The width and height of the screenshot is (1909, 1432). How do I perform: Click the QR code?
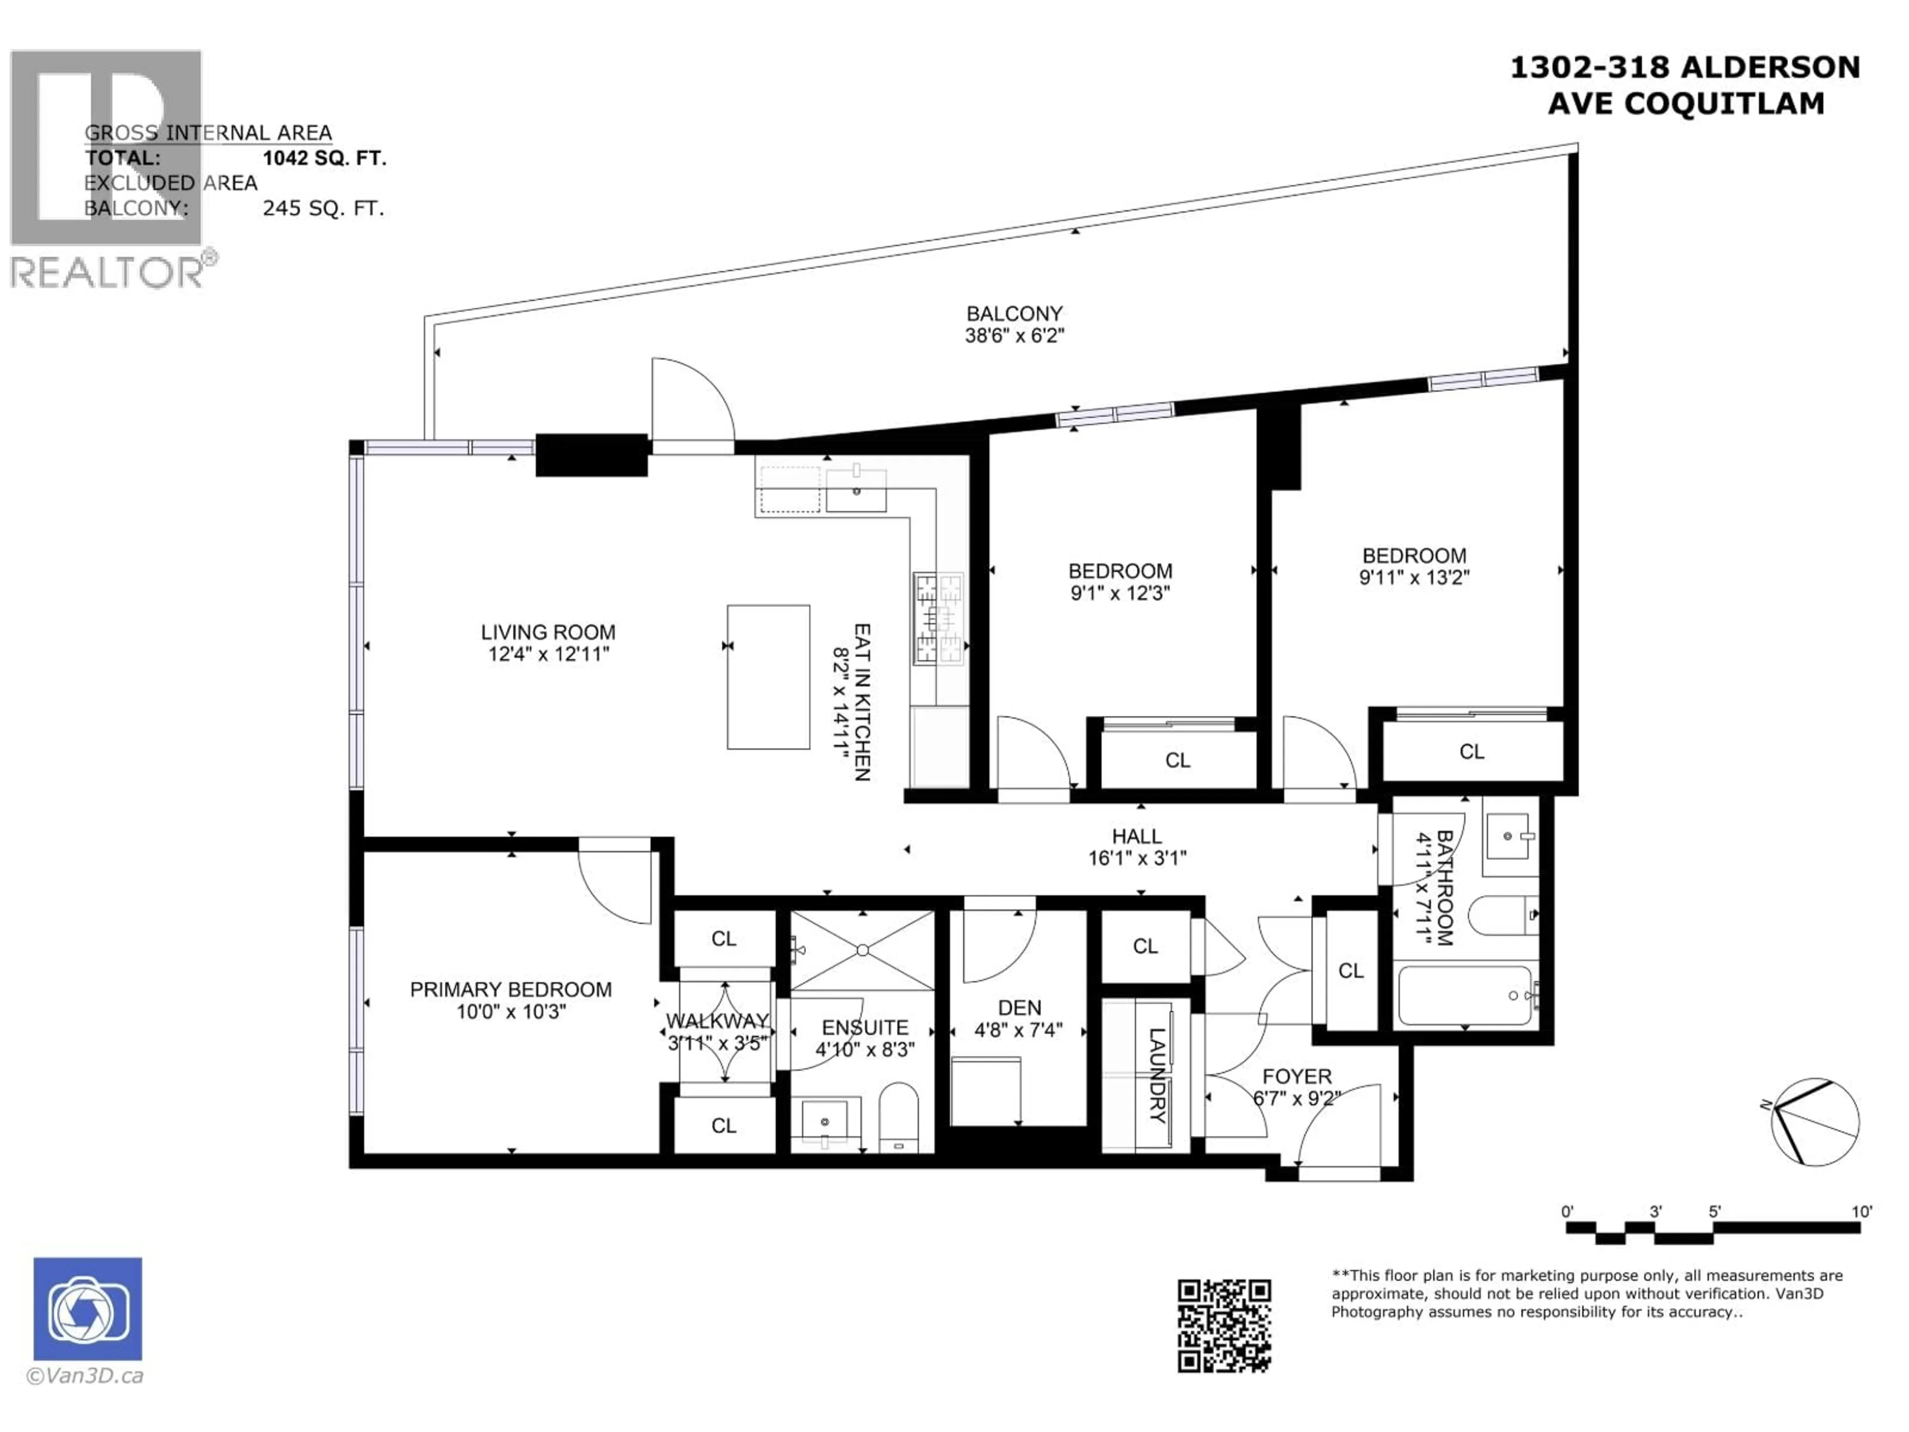pyautogui.click(x=1224, y=1326)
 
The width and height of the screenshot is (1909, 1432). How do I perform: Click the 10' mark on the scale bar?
pyautogui.click(x=1862, y=1212)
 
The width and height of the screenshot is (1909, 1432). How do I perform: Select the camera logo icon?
pyautogui.click(x=88, y=1309)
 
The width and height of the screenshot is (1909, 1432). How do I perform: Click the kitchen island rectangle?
pyautogui.click(x=768, y=677)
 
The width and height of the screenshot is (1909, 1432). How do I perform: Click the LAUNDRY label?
pyautogui.click(x=1157, y=1074)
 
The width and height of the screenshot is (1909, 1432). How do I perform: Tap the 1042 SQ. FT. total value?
pyautogui.click(x=325, y=158)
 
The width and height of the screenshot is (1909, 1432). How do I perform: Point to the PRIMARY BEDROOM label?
pyautogui.click(x=511, y=989)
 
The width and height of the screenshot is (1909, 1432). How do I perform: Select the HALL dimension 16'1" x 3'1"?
pyautogui.click(x=1137, y=858)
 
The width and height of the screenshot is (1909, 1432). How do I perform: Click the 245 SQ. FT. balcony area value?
pyautogui.click(x=324, y=208)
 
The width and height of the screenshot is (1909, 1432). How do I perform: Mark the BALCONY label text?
pyautogui.click(x=1014, y=313)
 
